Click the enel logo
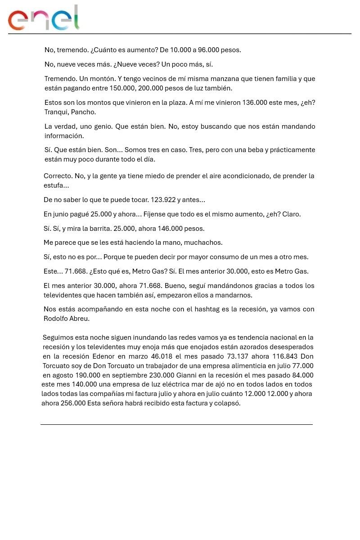[44, 18]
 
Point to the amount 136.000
[254, 103]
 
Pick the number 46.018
[162, 356]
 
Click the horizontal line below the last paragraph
[176, 424]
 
